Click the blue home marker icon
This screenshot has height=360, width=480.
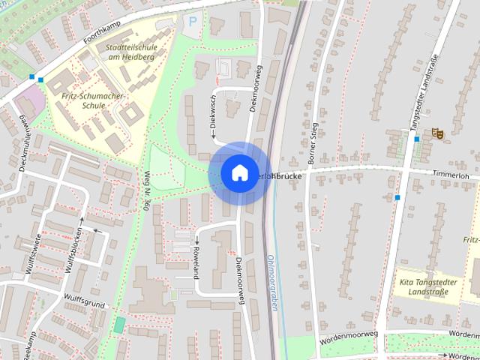[239, 172]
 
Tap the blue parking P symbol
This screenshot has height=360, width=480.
[192, 22]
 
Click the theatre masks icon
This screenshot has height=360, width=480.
[436, 133]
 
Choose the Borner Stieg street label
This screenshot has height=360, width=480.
[313, 142]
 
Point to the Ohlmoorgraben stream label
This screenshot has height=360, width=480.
[271, 285]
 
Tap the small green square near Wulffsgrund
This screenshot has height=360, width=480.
[119, 325]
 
